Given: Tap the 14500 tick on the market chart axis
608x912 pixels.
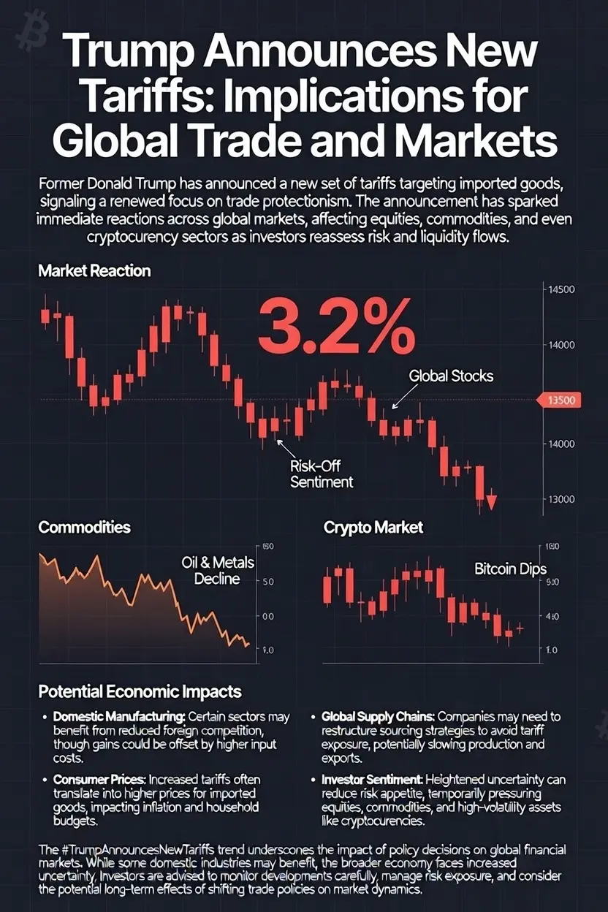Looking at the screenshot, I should (x=561, y=289).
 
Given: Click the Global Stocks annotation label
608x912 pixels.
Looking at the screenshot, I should (x=451, y=376).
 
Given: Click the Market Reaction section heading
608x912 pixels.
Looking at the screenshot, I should (x=94, y=270).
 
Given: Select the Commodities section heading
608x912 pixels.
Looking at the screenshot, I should (x=84, y=527).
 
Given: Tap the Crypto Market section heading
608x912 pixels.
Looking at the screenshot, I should (x=373, y=527).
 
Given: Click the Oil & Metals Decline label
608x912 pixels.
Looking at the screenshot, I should (x=210, y=570).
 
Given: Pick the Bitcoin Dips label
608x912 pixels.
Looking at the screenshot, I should (x=511, y=569).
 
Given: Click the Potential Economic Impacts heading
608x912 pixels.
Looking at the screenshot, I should (x=140, y=691).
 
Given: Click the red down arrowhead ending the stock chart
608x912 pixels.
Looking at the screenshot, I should (x=490, y=502).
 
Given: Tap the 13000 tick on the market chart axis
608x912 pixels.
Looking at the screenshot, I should (x=561, y=499).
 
